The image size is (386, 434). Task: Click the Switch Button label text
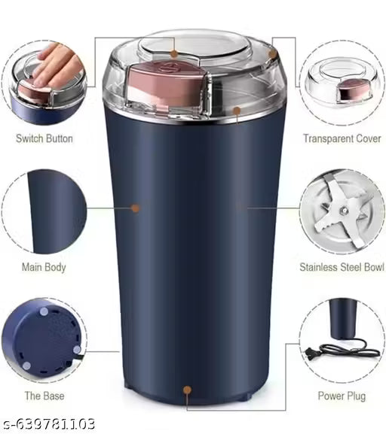pyautogui.click(x=44, y=138)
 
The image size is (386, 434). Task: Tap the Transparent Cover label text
pyautogui.click(x=341, y=138)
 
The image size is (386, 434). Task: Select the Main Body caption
pyautogui.click(x=44, y=267)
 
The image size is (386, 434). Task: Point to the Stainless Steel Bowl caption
pyautogui.click(x=342, y=267)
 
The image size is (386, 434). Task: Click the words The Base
pyautogui.click(x=44, y=396)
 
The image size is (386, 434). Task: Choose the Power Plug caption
pyautogui.click(x=342, y=396)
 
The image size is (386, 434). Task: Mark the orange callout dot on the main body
pyautogui.click(x=136, y=208)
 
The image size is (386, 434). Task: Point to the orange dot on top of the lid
pyautogui.click(x=174, y=54)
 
